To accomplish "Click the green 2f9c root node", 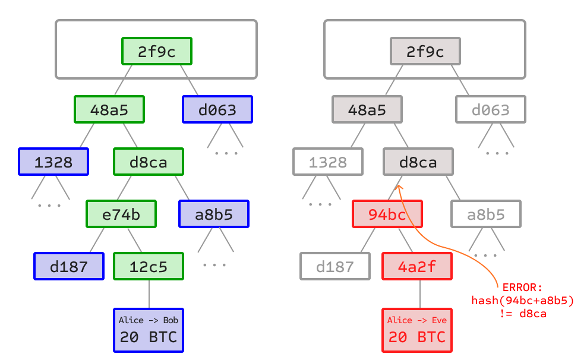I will [157, 52].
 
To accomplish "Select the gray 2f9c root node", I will [425, 52].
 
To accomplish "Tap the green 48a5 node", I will [109, 109].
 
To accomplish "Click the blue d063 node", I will [217, 109].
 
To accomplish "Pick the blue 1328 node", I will [53, 162].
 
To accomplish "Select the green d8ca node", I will [149, 162].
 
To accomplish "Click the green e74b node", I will [121, 214].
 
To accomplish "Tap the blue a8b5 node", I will [214, 214].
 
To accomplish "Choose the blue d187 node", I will [69, 266].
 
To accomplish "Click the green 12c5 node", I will [149, 266].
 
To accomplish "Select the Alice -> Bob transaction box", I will [149, 330].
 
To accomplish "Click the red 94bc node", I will [387, 214].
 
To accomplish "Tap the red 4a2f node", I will [417, 266].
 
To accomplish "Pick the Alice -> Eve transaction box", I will [417, 330].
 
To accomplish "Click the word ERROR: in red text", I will [522, 288].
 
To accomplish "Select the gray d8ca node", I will [418, 162].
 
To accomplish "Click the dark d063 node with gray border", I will [491, 109].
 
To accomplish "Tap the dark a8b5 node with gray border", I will [486, 214].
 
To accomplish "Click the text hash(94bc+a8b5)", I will [522, 301].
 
